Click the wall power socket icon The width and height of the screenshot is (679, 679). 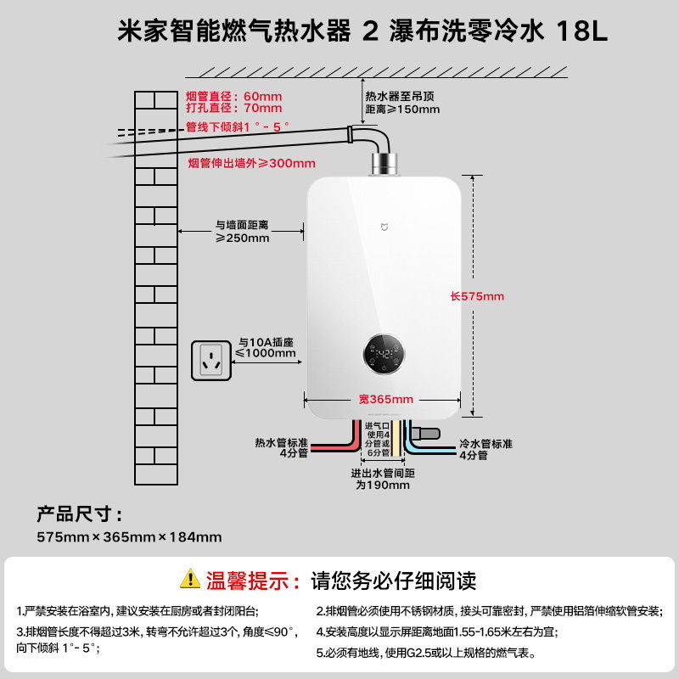pyautogui.click(x=211, y=360)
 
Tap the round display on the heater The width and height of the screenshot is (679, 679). pyautogui.click(x=385, y=353)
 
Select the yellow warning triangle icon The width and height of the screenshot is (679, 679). pyautogui.click(x=189, y=581)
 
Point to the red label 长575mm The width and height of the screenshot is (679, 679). pyautogui.click(x=477, y=296)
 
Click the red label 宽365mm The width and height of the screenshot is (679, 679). pyautogui.click(x=385, y=399)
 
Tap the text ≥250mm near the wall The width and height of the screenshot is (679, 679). pyautogui.click(x=242, y=238)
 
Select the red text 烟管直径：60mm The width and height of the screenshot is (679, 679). pyautogui.click(x=233, y=96)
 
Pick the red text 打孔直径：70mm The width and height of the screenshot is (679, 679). pyautogui.click(x=233, y=109)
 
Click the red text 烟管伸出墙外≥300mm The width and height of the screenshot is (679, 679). pyautogui.click(x=250, y=163)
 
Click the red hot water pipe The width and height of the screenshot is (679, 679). pyautogui.click(x=339, y=445)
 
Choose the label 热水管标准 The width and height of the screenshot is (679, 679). pyautogui.click(x=281, y=443)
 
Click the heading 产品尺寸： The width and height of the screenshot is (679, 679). pyautogui.click(x=79, y=514)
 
